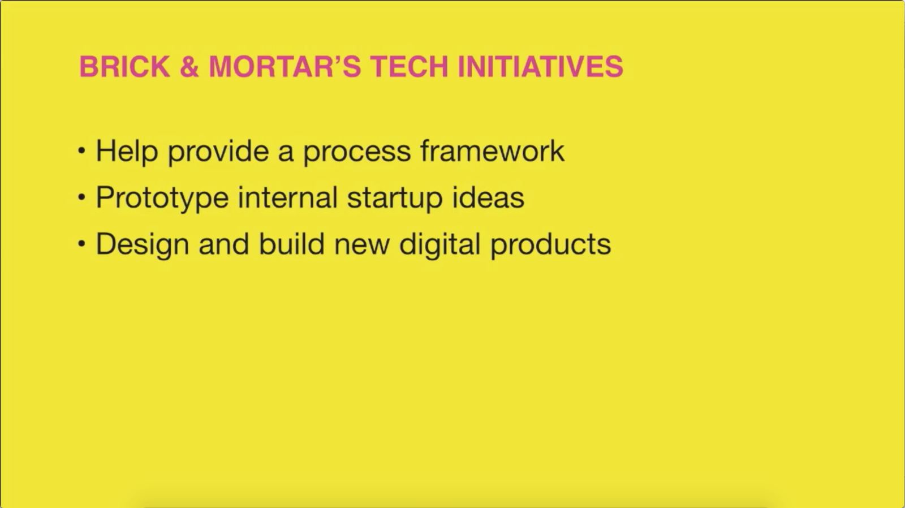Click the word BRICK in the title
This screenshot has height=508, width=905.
point(124,66)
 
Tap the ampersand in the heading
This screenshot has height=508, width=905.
point(189,66)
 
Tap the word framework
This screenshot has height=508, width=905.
point(493,150)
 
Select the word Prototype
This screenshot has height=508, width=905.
point(162,199)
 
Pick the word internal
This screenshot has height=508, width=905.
point(288,197)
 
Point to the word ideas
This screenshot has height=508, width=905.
point(488,197)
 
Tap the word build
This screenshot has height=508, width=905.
point(292,244)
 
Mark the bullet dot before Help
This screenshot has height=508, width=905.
point(81,150)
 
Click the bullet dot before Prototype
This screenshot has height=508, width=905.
point(81,197)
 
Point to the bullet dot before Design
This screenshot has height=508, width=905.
point(81,244)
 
